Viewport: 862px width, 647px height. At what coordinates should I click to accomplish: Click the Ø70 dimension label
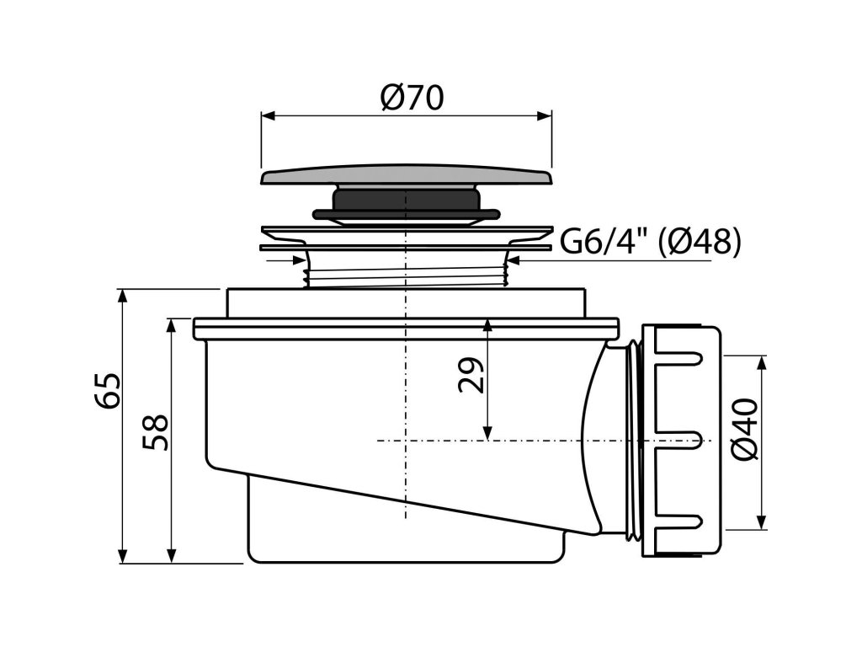pos(412,99)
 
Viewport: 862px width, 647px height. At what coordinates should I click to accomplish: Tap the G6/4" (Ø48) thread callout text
pos(651,243)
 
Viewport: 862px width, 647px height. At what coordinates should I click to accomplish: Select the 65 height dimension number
pos(109,391)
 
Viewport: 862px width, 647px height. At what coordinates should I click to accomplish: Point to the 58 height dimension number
pos(157,433)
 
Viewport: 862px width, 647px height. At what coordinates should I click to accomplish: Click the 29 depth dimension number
pos(473,376)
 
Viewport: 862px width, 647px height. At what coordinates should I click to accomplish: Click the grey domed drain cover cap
pos(407,176)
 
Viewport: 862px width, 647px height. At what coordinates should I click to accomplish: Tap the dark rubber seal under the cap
pos(406,203)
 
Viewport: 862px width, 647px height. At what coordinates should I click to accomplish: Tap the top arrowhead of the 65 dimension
pos(123,296)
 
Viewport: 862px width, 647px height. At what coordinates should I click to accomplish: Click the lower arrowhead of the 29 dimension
pos(487,433)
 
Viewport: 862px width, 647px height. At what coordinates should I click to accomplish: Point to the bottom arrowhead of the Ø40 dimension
pos(763,522)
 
